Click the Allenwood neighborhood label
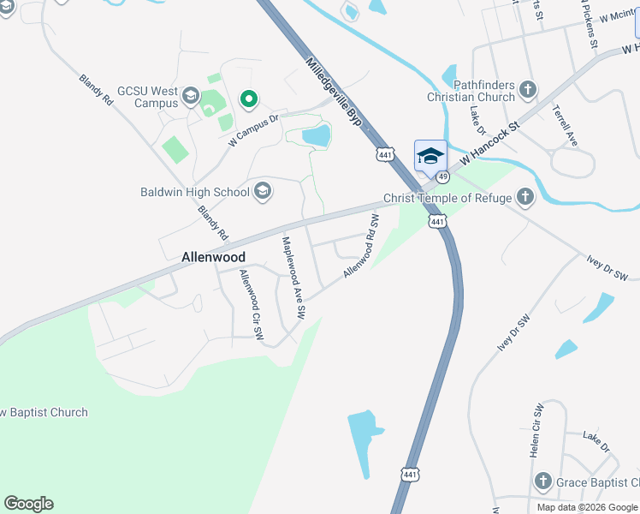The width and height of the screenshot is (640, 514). (214, 257)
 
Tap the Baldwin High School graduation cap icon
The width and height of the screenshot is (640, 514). (263, 191)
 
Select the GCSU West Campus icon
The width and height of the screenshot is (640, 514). (191, 96)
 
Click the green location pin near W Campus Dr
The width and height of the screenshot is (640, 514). (249, 100)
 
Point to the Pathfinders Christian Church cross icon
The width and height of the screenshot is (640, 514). (528, 89)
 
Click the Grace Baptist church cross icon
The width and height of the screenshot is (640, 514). (542, 481)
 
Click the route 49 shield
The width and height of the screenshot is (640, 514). (442, 176)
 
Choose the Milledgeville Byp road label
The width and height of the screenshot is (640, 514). (335, 94)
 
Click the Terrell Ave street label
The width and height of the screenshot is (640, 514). (566, 126)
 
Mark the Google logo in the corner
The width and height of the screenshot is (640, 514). (28, 504)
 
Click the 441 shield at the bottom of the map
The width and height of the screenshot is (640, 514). (411, 474)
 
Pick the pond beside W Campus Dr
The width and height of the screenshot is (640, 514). (316, 134)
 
